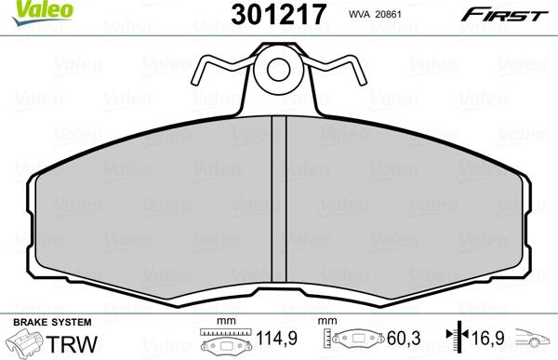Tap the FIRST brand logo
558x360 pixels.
[514, 14]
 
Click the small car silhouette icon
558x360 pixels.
[537, 341]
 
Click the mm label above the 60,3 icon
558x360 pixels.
[326, 322]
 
